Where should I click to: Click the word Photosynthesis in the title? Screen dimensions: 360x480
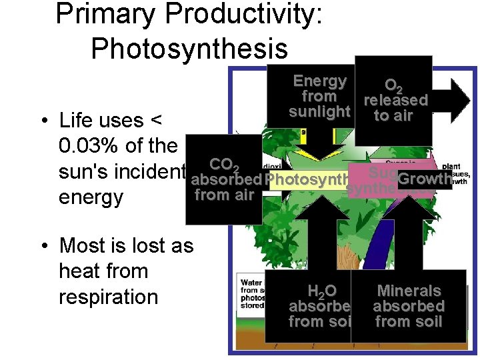[x=189, y=48]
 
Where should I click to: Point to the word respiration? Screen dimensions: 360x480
[x=109, y=297]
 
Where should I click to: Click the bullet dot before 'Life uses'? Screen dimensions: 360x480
[x=42, y=121]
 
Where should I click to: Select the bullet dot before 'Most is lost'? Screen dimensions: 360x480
[x=42, y=247]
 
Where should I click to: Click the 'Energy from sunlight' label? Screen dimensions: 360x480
[x=320, y=97]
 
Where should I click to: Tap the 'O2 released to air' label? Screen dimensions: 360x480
[x=394, y=101]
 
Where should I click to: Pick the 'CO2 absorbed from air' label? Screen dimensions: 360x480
[x=224, y=179]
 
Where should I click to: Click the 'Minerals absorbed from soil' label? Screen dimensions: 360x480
[x=409, y=307]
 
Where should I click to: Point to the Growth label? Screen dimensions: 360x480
[x=424, y=179]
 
